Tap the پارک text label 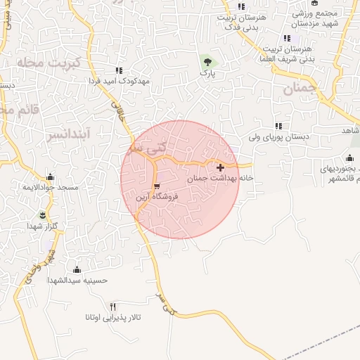point(206,72)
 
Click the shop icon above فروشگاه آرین point(157,187)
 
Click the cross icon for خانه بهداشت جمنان point(221,167)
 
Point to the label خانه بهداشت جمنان point(220,179)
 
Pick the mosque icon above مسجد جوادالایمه point(49,176)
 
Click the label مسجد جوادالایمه point(49,188)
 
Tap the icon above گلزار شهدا point(43,214)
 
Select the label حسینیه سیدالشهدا point(77,280)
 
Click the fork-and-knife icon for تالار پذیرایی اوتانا point(113,306)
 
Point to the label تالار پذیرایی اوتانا point(113,318)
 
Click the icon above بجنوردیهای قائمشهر point(349,157)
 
